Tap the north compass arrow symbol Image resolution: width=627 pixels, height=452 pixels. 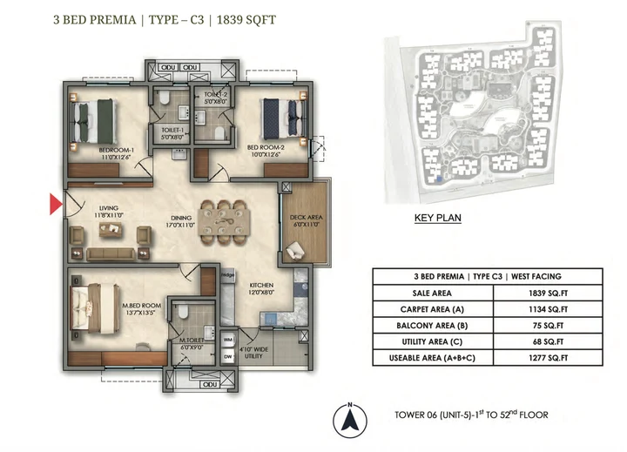click(348, 420)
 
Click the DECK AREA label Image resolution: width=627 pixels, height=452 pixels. click(301, 221)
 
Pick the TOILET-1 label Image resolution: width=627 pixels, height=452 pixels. click(172, 132)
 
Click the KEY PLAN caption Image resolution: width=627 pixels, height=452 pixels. click(437, 219)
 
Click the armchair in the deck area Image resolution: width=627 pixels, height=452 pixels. click(298, 251)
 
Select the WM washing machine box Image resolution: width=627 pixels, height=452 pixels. click(229, 339)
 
